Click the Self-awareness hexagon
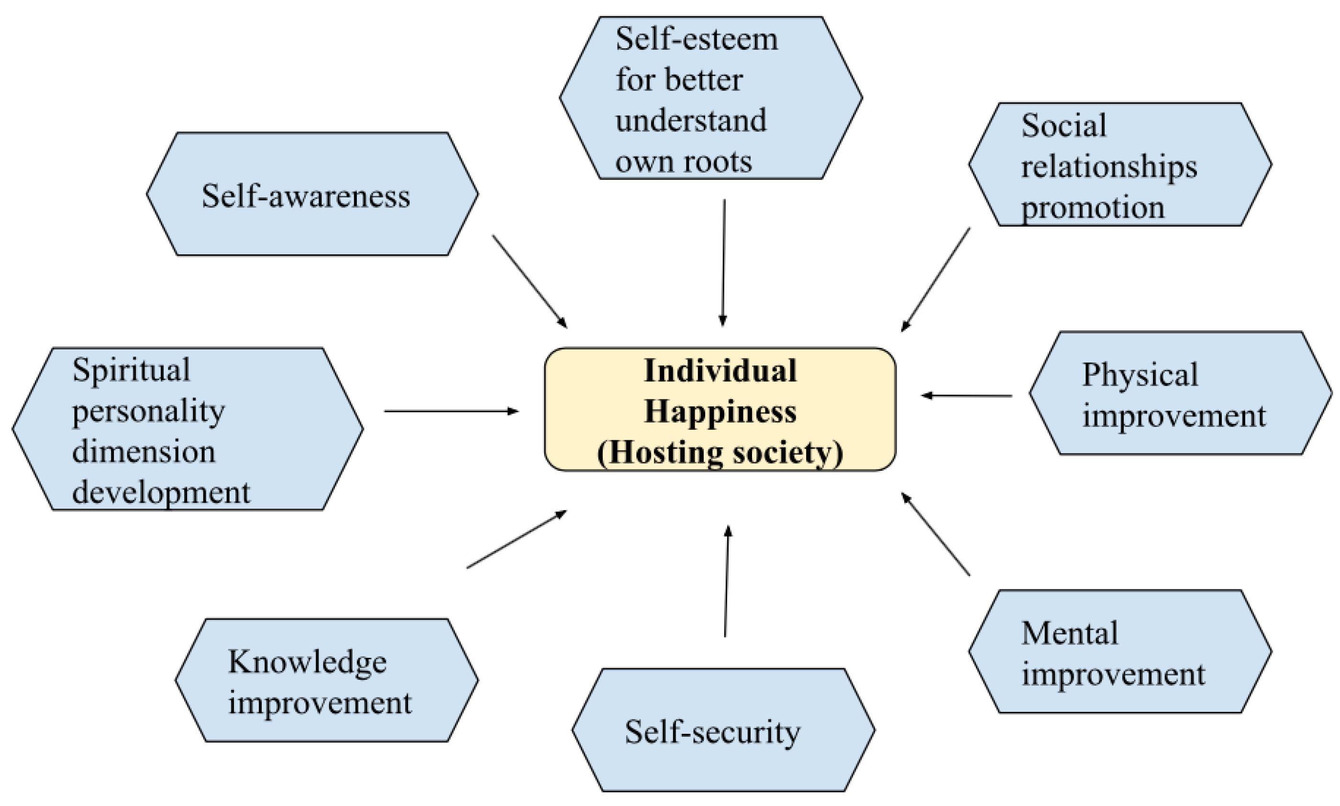[x=312, y=194]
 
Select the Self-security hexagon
[x=723, y=730]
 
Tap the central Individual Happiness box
[x=720, y=410]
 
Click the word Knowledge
[x=307, y=662]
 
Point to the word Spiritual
[x=132, y=370]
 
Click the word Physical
[x=1140, y=375]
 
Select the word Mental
[x=1069, y=633]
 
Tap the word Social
[x=1063, y=125]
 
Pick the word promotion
[x=1092, y=207]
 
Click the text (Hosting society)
[x=720, y=452]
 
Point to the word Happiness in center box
[x=720, y=411]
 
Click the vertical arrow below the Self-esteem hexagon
[x=723, y=262]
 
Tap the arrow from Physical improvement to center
[x=966, y=395]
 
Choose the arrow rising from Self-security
[x=727, y=581]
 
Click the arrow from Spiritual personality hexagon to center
[x=451, y=411]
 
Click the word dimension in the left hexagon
[x=144, y=452]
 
